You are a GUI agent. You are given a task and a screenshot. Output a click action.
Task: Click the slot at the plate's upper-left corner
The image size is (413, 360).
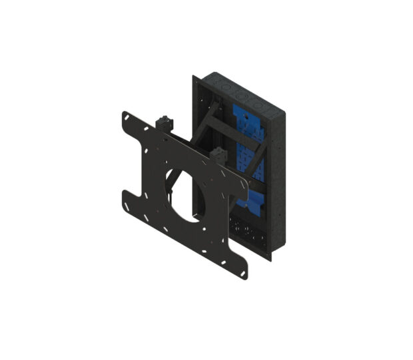click(127, 118)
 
